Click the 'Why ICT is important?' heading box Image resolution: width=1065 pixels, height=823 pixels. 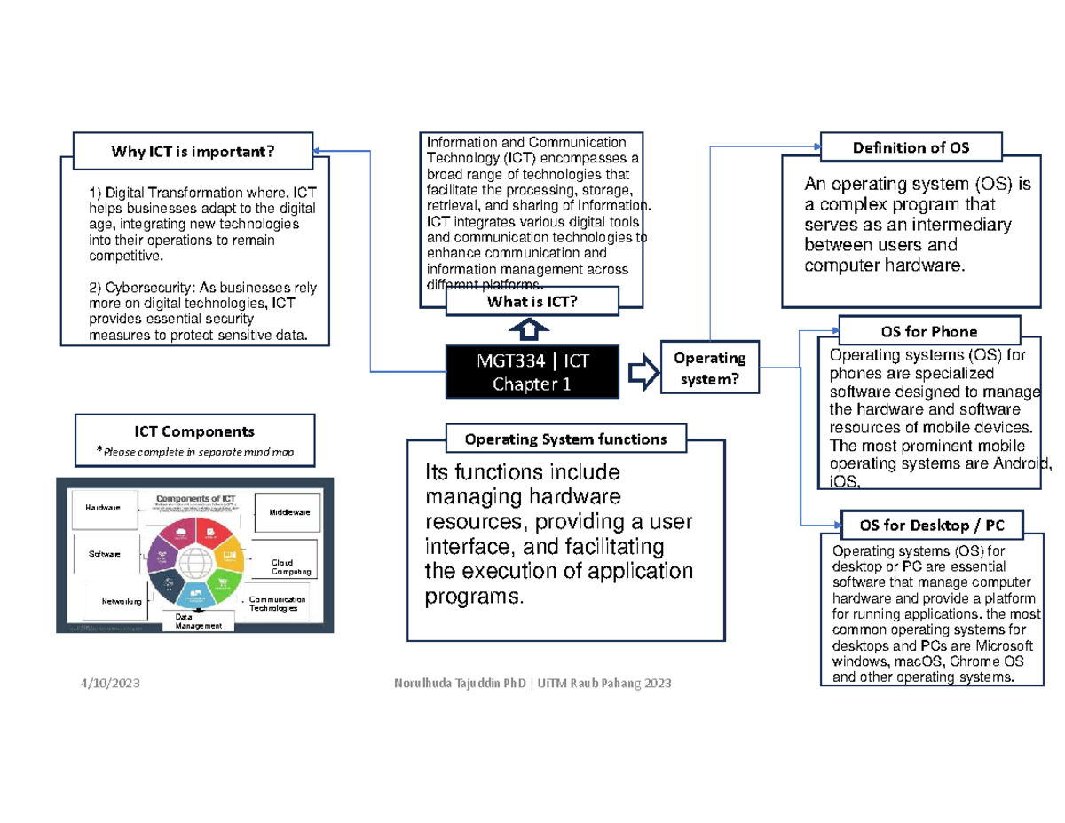pyautogui.click(x=193, y=151)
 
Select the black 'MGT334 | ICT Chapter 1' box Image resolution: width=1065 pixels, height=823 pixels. pyautogui.click(x=532, y=373)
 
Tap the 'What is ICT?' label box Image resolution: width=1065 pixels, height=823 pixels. pyautogui.click(x=532, y=304)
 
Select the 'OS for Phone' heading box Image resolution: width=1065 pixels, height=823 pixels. pyautogui.click(x=929, y=331)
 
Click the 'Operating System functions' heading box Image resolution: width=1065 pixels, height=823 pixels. pyautogui.click(x=565, y=439)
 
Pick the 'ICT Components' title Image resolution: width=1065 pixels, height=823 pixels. pyautogui.click(x=194, y=431)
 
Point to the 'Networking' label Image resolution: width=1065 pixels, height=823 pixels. pyautogui.click(x=122, y=601)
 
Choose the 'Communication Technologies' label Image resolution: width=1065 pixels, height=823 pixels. pyautogui.click(x=277, y=604)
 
